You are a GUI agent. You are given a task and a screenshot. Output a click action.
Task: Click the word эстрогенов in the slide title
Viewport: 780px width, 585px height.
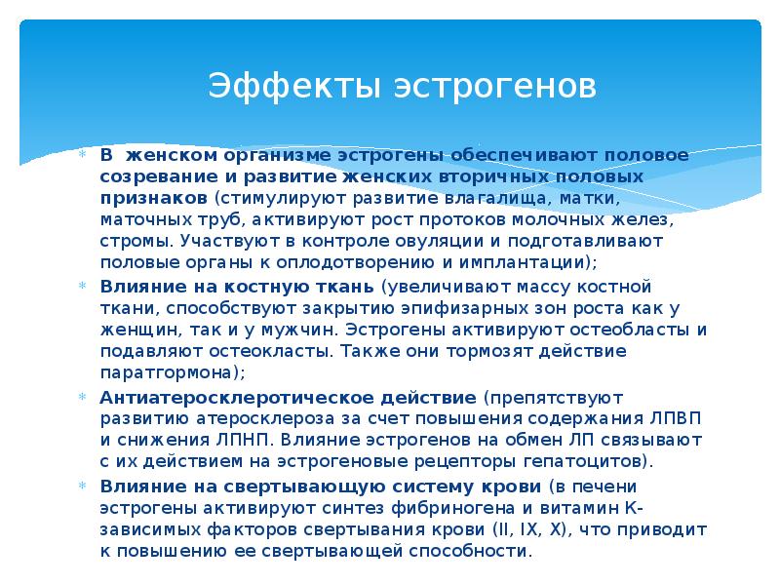click(494, 85)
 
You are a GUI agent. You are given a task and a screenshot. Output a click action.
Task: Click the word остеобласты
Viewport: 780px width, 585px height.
click(627, 330)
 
